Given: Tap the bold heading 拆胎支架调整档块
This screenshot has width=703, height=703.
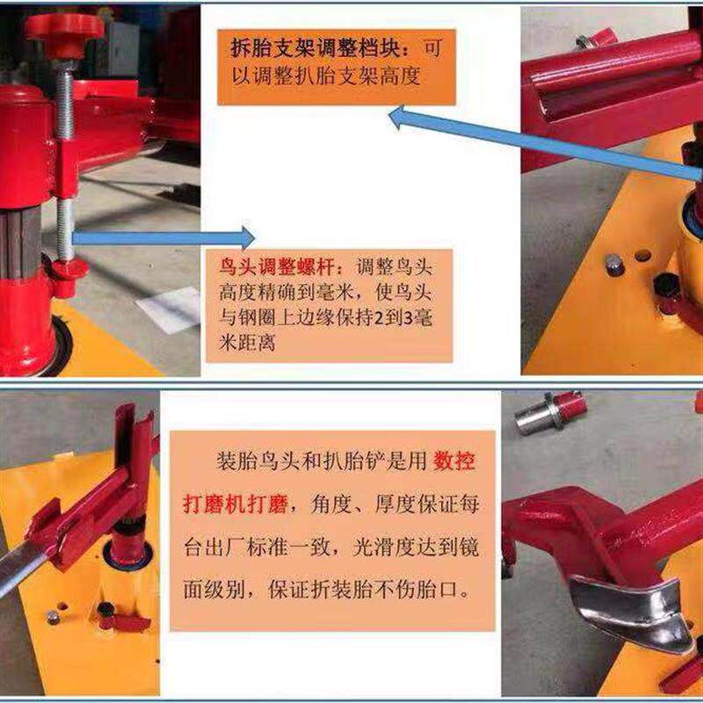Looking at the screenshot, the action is (315, 48).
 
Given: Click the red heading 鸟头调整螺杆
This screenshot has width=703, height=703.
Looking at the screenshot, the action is (276, 268).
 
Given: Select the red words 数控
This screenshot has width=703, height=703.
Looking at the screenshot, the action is (454, 460).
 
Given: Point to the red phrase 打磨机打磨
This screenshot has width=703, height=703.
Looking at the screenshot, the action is (236, 504).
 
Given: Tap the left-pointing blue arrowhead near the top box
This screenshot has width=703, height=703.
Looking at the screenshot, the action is (396, 118).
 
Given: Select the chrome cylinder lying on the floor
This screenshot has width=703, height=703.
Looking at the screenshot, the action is (550, 412).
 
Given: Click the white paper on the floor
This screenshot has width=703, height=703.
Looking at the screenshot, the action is (170, 309).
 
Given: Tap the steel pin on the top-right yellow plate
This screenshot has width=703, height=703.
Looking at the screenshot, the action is (614, 265).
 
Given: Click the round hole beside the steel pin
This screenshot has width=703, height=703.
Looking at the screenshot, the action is (642, 256).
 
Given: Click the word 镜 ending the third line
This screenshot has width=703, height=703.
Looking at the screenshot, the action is (469, 547).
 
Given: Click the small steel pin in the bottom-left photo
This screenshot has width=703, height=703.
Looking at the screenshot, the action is (53, 618).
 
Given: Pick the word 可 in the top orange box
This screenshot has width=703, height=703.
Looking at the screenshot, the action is (432, 48).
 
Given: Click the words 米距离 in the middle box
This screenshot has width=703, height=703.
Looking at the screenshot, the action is (247, 343).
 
